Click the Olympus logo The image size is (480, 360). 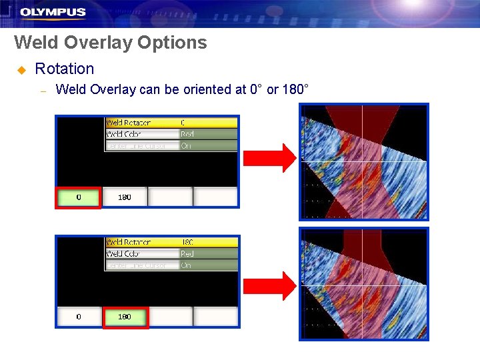point(53,12)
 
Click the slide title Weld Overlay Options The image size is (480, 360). point(111,43)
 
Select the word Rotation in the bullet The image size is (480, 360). point(65,69)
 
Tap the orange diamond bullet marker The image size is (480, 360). point(21,69)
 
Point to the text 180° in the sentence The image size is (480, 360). point(295,89)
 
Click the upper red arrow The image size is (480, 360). point(269,158)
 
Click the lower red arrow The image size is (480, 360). point(269,285)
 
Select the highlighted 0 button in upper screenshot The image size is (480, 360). point(79,197)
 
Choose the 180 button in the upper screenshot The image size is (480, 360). point(125,197)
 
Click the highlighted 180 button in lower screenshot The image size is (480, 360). point(125,317)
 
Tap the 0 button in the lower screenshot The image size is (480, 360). point(79,317)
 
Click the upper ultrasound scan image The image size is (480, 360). point(363,162)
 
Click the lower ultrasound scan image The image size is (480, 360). point(363,283)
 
